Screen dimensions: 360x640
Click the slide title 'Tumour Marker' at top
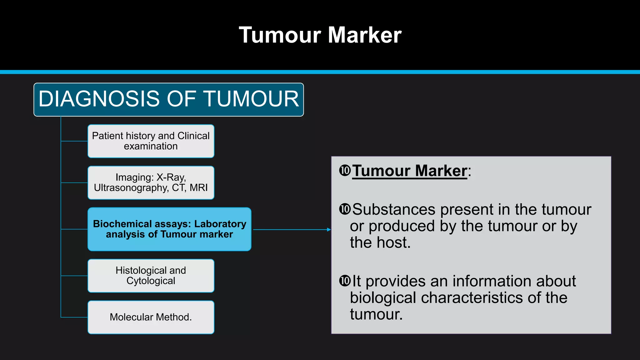(320, 35)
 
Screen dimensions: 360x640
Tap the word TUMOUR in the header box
(252, 99)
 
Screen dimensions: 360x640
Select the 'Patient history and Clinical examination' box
(151, 141)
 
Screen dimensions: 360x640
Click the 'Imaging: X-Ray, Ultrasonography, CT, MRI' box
(151, 183)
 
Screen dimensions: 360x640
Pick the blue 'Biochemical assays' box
(169, 229)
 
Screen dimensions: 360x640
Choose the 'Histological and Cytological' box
(151, 276)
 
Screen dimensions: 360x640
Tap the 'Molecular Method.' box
(151, 317)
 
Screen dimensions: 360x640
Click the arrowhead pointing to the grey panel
(329, 230)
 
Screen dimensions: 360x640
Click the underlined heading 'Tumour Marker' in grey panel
(409, 171)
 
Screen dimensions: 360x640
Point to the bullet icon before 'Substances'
(345, 209)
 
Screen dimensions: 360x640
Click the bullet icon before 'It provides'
(345, 281)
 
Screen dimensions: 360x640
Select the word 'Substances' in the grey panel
(394, 209)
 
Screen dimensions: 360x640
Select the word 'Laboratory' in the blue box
(220, 224)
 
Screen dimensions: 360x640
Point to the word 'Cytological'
(151, 281)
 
